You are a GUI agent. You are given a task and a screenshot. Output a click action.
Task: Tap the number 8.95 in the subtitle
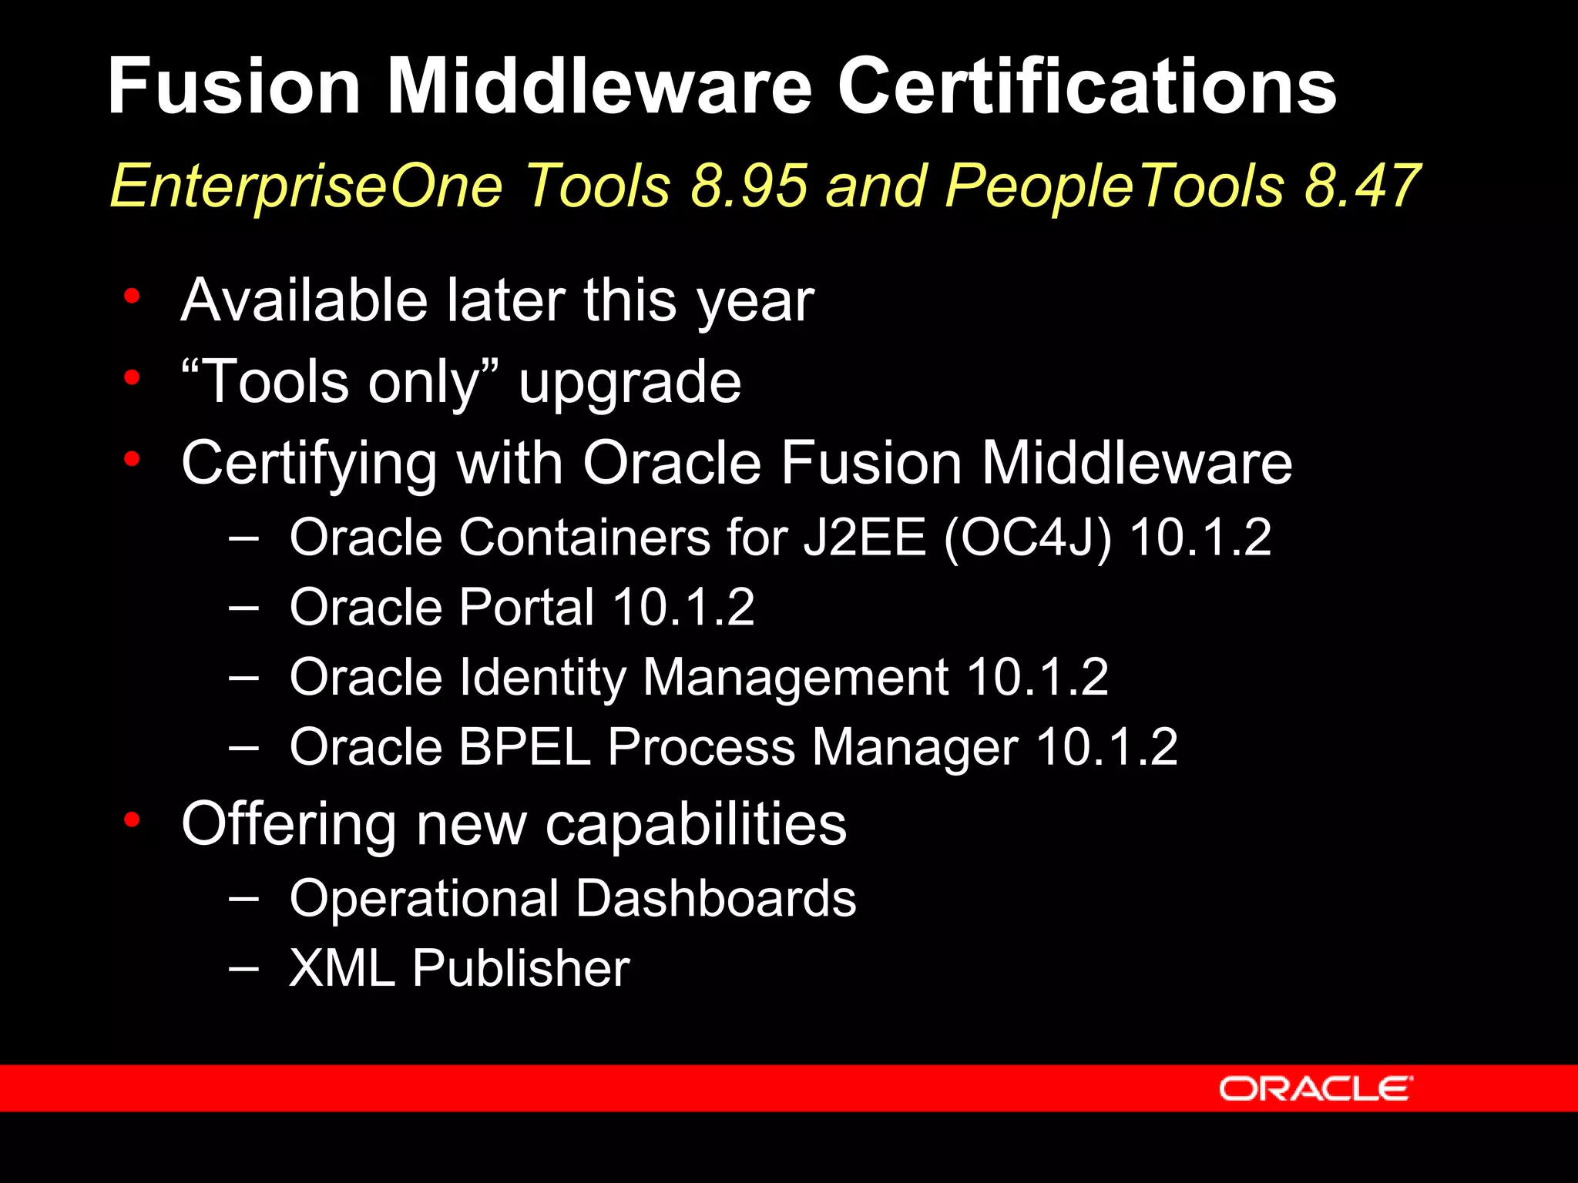(749, 186)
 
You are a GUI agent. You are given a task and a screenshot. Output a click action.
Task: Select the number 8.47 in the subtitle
(1362, 186)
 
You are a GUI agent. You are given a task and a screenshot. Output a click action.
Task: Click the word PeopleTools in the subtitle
(1116, 187)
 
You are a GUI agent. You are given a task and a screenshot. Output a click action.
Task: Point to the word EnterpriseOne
(306, 187)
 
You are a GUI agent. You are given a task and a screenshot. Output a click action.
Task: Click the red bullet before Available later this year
(133, 296)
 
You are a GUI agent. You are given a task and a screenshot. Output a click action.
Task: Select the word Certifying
(309, 464)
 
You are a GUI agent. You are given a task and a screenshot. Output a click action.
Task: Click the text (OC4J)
(1028, 538)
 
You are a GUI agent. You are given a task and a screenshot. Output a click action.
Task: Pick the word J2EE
(864, 537)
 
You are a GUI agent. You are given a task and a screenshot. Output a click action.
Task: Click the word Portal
(527, 607)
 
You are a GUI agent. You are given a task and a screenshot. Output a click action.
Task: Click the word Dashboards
(716, 898)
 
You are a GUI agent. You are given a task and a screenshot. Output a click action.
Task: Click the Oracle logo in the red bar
(1315, 1089)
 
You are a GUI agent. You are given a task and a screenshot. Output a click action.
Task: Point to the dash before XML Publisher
(243, 967)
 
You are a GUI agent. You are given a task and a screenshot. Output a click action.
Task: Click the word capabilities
(696, 824)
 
